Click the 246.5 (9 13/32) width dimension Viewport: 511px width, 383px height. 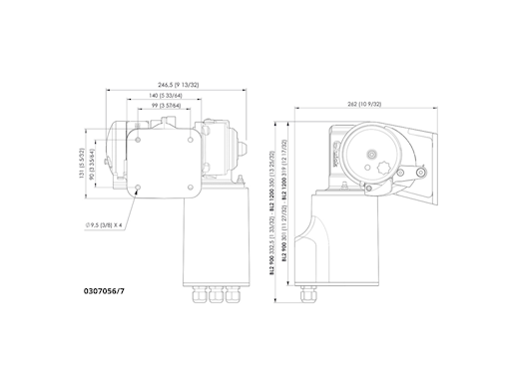[x=177, y=86]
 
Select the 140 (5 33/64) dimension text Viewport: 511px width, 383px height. [x=173, y=96]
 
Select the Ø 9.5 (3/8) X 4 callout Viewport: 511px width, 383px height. [x=103, y=225]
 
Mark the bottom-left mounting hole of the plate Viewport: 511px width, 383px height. [x=140, y=187]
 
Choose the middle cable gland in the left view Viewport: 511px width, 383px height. [x=213, y=295]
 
